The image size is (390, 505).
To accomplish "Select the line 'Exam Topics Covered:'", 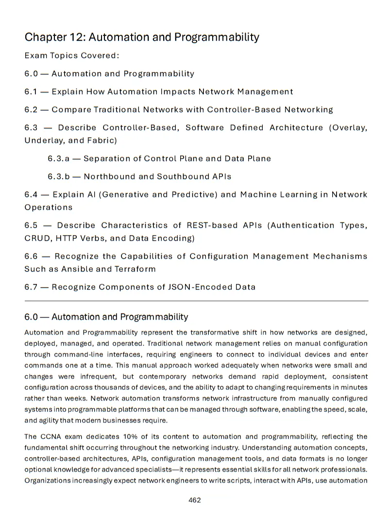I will tap(72, 55).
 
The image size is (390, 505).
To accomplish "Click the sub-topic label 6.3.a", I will tap(58, 158).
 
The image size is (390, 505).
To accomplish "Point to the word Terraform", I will tap(135, 269).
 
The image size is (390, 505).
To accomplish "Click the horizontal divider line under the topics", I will tap(196, 301).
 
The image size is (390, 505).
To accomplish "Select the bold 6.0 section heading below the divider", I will tap(106, 317).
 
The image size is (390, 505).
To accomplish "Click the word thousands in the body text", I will tap(111, 387).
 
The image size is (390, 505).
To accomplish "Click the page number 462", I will tap(195, 500).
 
